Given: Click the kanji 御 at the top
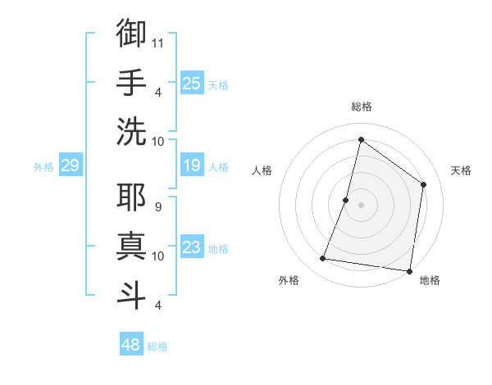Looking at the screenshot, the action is pos(131,34).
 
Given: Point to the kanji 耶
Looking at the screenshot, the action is pos(131,197).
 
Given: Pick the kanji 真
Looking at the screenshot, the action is pos(131,246).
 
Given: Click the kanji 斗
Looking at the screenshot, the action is pos(131,294).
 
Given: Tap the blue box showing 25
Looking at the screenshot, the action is pos(192,83).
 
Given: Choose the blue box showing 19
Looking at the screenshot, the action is pos(192,166).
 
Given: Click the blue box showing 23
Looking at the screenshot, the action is pos(192,247).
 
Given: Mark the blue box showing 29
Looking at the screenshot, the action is pos(70,166).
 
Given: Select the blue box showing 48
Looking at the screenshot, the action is pos(131,345).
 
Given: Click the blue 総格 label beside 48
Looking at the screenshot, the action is pos(157,346).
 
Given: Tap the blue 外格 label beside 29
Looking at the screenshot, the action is pos(43,167).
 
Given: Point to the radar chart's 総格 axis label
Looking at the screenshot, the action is pos(361,106).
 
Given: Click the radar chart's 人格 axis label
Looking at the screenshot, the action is pos(262,170).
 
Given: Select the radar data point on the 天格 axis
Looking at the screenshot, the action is pos(424,184).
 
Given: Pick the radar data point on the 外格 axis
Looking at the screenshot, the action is pos(323,259).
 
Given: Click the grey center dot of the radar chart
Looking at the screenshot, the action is pos(361,205).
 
